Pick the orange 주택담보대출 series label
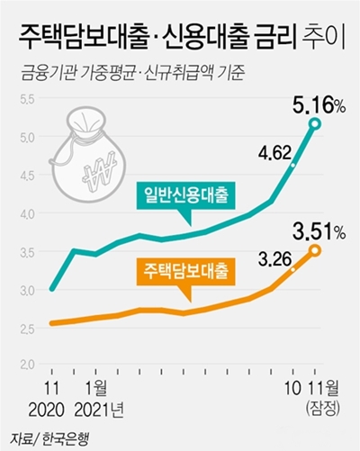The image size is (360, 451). (185, 269)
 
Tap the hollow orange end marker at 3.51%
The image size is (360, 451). (315, 250)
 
